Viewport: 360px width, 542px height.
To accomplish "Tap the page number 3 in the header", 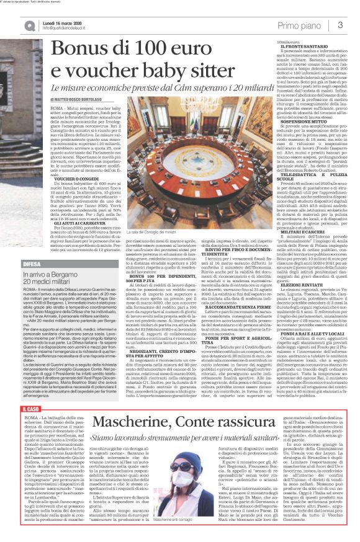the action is pyautogui.click(x=340, y=24).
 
